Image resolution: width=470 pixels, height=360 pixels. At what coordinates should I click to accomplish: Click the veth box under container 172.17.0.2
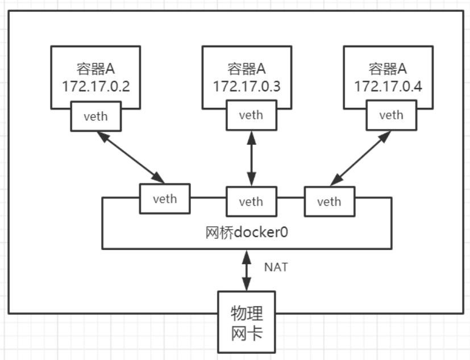95,116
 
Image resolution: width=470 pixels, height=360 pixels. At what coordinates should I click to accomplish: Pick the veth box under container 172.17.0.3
251,115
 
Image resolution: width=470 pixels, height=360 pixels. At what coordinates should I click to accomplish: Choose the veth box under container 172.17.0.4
391,115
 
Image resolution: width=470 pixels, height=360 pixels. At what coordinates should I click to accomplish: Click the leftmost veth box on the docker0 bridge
165,199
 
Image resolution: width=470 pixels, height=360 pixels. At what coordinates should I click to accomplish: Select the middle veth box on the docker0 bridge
251,202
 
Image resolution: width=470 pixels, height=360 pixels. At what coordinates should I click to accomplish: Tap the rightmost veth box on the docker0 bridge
330,202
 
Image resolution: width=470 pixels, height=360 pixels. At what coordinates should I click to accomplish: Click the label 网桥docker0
246,233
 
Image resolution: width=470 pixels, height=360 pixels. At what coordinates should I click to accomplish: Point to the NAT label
276,267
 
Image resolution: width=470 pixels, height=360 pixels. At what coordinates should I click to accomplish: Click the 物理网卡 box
247,322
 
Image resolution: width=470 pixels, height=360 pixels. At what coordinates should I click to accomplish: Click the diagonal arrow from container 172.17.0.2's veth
130,157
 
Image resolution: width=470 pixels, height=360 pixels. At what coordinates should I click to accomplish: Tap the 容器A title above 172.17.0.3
247,69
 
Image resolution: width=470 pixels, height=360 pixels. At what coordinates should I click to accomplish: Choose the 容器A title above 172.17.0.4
388,69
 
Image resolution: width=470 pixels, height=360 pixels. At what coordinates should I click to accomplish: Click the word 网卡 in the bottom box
247,333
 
